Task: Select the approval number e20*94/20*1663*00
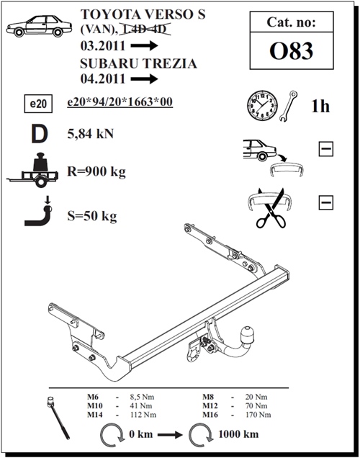119,103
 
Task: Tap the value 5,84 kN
91,133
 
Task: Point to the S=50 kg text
91,215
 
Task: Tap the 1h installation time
320,107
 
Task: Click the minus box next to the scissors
325,202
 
